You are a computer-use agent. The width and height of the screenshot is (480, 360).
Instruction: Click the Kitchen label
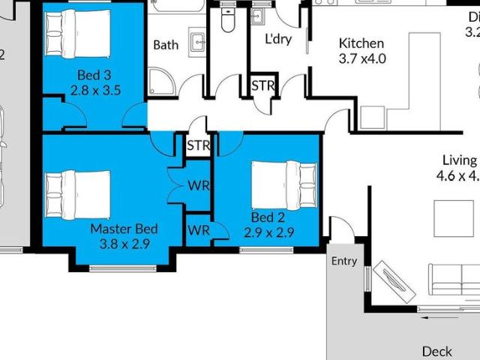(361, 43)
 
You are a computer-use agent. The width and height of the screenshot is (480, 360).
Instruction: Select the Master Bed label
(124, 229)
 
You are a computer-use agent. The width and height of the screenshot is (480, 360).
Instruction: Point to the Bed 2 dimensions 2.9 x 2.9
(268, 232)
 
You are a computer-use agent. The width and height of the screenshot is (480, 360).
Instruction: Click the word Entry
(344, 261)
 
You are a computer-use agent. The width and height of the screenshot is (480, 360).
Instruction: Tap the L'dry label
(277, 39)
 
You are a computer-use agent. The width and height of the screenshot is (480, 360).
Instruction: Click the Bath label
(166, 45)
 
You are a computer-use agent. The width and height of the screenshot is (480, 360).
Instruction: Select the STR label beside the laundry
(262, 85)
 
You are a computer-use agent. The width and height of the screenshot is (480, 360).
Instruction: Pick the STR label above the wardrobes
(198, 145)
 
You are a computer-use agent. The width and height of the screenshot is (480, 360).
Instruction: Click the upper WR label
(198, 185)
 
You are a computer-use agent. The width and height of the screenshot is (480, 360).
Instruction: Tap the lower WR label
(198, 230)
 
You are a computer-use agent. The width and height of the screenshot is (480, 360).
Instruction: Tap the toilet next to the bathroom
(228, 20)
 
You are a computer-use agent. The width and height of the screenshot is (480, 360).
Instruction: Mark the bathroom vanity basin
(197, 40)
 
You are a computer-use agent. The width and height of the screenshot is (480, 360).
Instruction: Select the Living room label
(459, 160)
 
